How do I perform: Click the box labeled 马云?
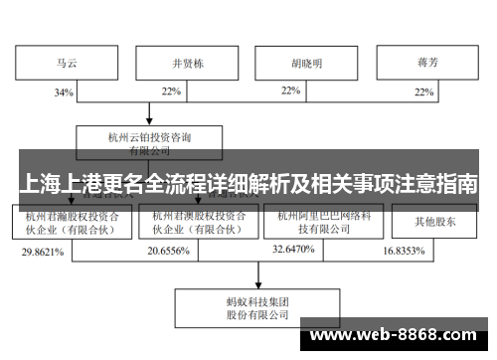pos(65,64)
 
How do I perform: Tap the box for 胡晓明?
pos(305,64)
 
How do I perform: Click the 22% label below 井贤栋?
pos(171,92)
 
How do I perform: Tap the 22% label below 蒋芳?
pos(424,92)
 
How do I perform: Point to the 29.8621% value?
pos(43,253)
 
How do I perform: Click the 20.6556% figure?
pos(169,253)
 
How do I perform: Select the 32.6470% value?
pos(294,253)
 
